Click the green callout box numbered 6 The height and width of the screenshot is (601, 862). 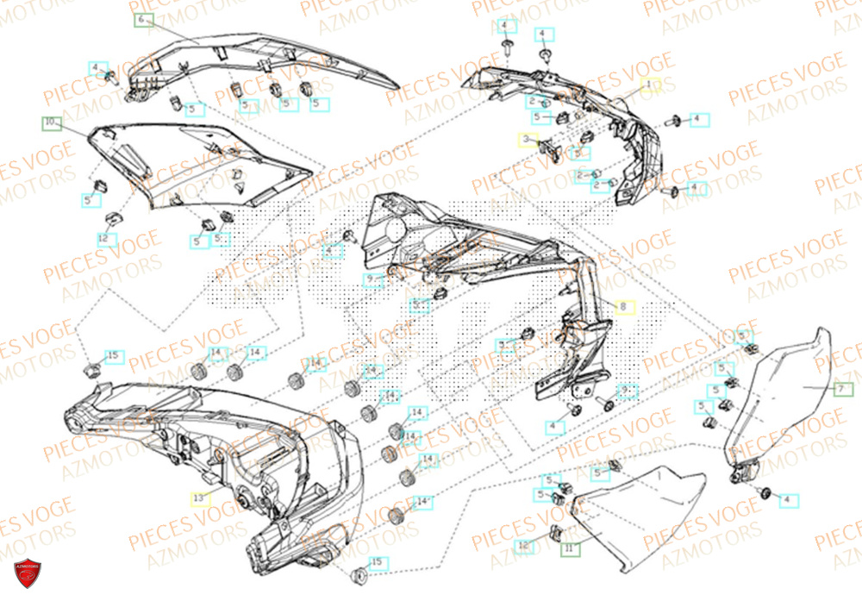click(x=142, y=19)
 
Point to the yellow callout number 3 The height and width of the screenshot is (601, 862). click(x=526, y=139)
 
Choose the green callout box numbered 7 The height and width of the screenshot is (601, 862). click(x=843, y=389)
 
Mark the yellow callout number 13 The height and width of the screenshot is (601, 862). click(x=199, y=498)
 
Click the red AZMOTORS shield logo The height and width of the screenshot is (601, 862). click(x=28, y=573)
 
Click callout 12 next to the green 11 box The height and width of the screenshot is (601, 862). click(x=523, y=545)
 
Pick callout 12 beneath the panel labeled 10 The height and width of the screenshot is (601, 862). click(x=106, y=239)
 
